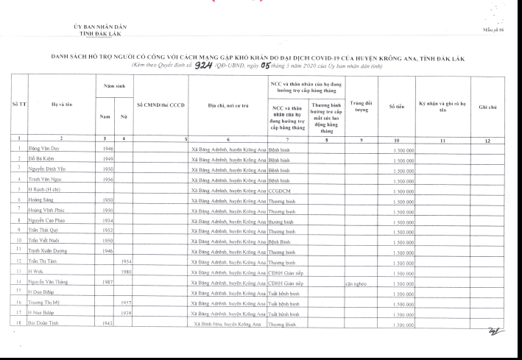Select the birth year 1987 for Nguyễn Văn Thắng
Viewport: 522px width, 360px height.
coord(108,280)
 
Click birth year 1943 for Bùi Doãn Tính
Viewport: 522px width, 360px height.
coord(108,323)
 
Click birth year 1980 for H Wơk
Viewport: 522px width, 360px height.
coord(126,271)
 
